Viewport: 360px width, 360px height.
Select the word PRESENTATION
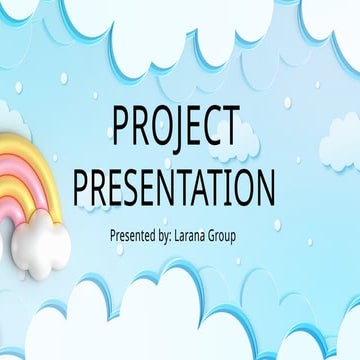coord(175,188)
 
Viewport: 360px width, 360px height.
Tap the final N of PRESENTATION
coord(263,188)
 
